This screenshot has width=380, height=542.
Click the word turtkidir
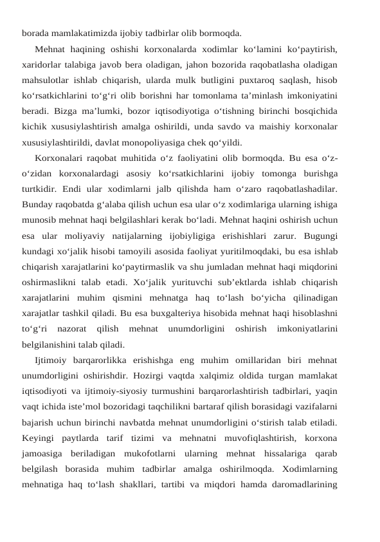tap(40, 190)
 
